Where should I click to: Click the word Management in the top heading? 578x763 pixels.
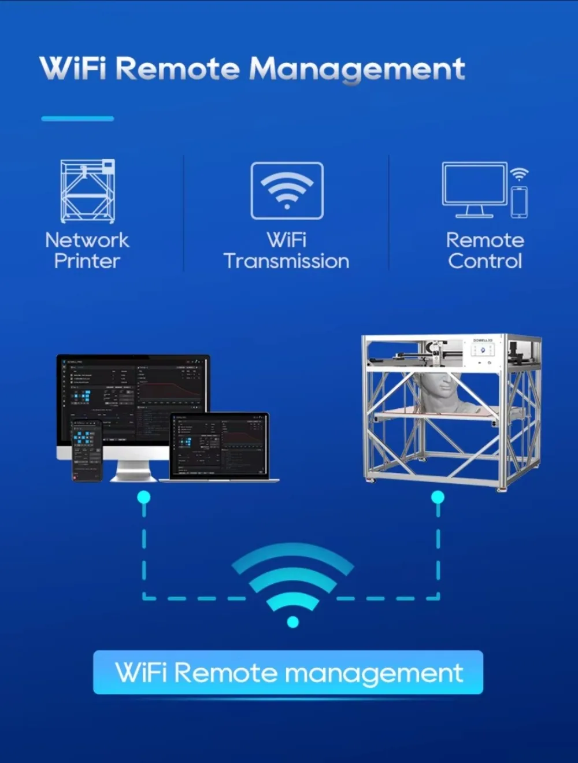coord(357,69)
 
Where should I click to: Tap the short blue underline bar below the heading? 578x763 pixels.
coord(77,118)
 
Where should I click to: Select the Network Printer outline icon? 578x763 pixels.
coord(88,191)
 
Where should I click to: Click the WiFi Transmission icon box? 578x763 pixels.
coord(287,191)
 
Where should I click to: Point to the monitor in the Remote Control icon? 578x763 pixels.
coord(474,184)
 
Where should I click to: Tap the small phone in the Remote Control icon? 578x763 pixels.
coord(519,202)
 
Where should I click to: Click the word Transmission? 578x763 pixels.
coord(286,261)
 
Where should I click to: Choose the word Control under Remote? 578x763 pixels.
coord(485,261)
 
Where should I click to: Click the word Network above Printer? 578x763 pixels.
coord(87,240)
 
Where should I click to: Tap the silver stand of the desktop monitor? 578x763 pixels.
coord(134,471)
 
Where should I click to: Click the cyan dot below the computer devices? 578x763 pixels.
coord(144,497)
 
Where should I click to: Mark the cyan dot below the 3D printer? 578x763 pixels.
coord(438,497)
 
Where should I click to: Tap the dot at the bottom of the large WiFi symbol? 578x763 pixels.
coord(292,622)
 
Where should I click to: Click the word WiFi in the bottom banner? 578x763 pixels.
coord(141,672)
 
